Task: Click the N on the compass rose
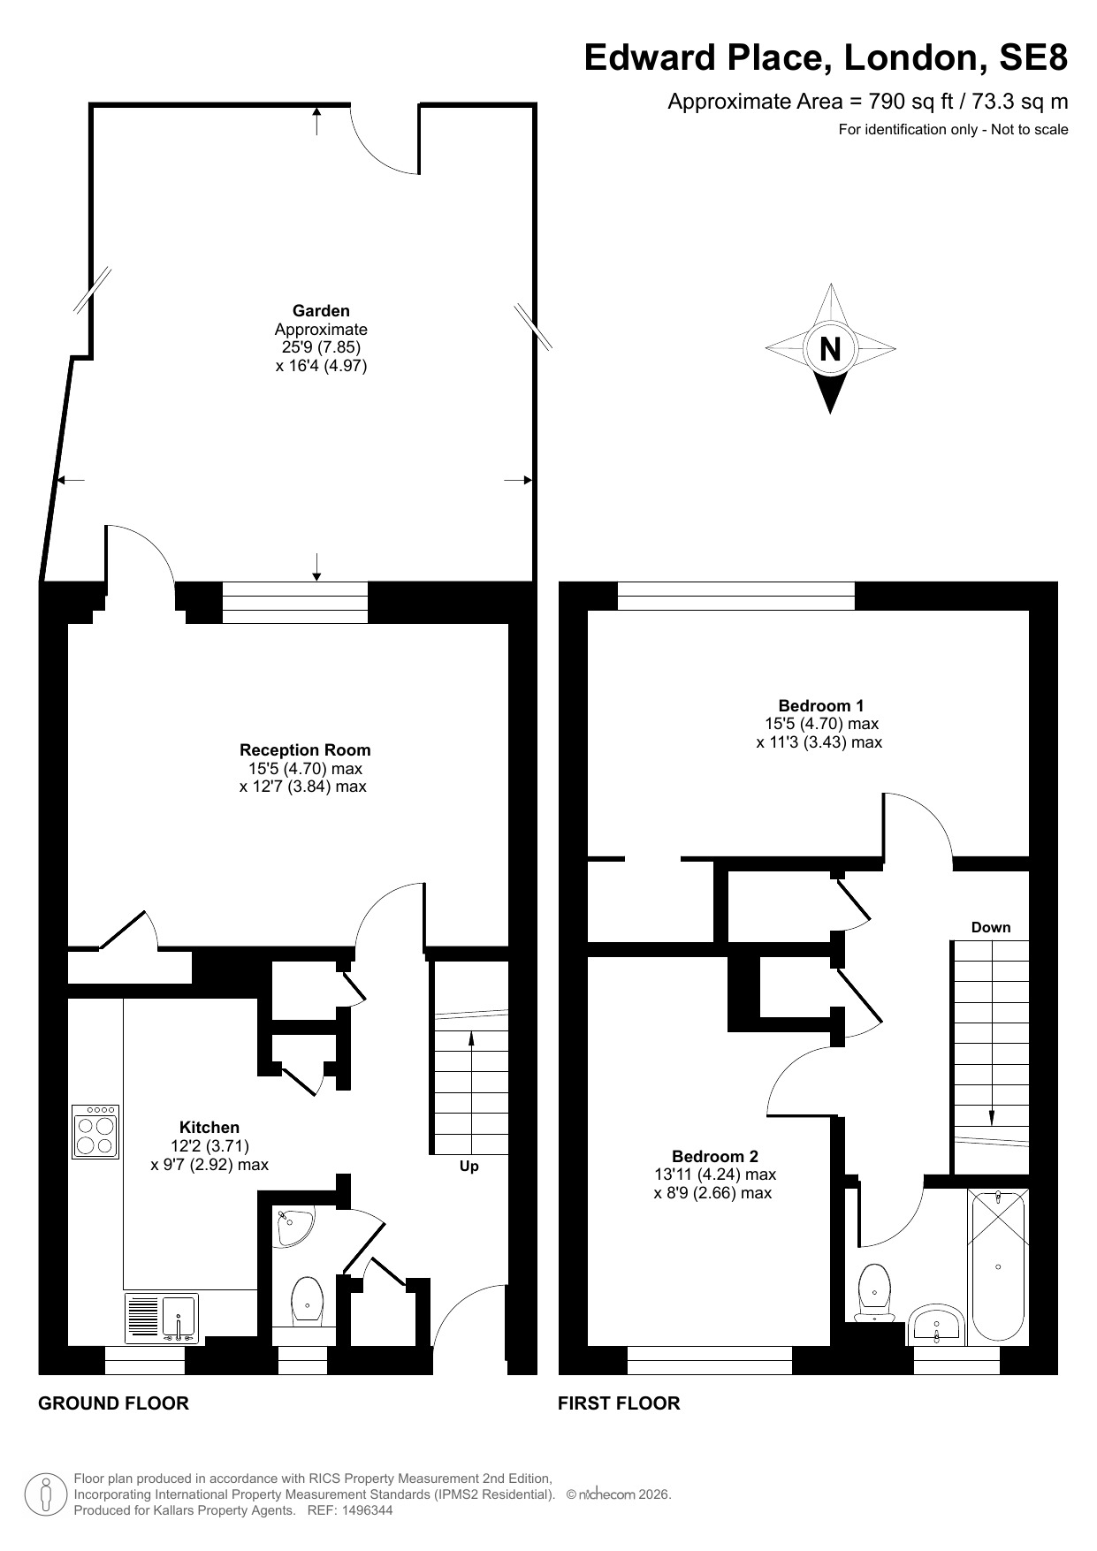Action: (830, 349)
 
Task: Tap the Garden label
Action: (321, 311)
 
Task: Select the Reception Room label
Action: (305, 750)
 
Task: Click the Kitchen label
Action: (209, 1128)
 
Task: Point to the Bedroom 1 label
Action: (821, 705)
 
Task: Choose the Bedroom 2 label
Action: (715, 1156)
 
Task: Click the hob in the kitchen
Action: (96, 1130)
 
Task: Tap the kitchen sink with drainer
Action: (163, 1318)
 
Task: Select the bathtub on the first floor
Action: (999, 1266)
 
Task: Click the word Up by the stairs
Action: (469, 1167)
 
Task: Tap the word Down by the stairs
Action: (991, 927)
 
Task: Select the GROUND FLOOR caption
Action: (113, 1403)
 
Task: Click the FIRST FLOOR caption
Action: (619, 1403)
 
